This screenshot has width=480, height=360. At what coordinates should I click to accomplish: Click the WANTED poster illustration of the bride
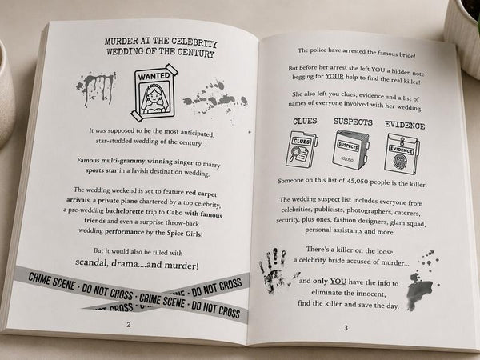[x=155, y=93]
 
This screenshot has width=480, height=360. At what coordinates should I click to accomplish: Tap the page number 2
[x=129, y=325]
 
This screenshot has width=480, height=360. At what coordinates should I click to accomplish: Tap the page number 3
[x=346, y=328]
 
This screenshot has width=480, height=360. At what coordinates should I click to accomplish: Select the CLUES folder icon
[x=302, y=149]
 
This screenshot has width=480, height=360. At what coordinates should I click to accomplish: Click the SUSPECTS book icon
[x=350, y=150]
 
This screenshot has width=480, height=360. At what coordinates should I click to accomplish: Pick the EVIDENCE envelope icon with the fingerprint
[x=402, y=154]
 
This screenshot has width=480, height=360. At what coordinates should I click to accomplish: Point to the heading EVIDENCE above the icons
[x=405, y=125]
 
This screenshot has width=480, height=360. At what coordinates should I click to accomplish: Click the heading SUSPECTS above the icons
[x=353, y=122]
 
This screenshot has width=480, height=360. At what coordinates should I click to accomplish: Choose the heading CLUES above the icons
[x=305, y=122]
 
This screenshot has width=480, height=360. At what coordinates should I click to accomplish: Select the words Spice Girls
[x=184, y=234]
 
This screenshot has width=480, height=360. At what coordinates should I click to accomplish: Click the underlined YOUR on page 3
[x=334, y=76]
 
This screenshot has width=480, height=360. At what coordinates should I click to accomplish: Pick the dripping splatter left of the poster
[x=95, y=88]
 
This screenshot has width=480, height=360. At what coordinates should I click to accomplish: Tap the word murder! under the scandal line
[x=182, y=265]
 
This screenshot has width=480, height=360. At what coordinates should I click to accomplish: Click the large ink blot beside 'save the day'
[x=420, y=290]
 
